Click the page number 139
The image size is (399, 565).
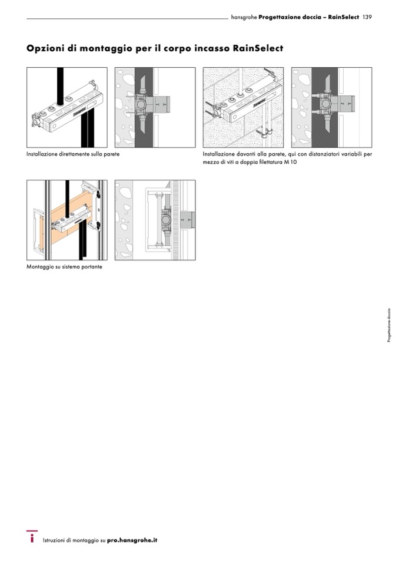(367, 17)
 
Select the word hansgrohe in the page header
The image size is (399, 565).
(244, 17)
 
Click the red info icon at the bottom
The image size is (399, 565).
(32, 537)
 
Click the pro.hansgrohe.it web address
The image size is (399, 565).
(132, 540)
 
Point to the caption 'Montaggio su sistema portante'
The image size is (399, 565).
(64, 267)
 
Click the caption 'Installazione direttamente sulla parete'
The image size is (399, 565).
(73, 154)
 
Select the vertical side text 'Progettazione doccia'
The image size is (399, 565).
(389, 325)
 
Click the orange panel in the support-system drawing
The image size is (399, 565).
(69, 220)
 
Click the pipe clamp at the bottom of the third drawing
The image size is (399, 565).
(264, 134)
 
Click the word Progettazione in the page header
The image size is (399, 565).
(275, 17)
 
